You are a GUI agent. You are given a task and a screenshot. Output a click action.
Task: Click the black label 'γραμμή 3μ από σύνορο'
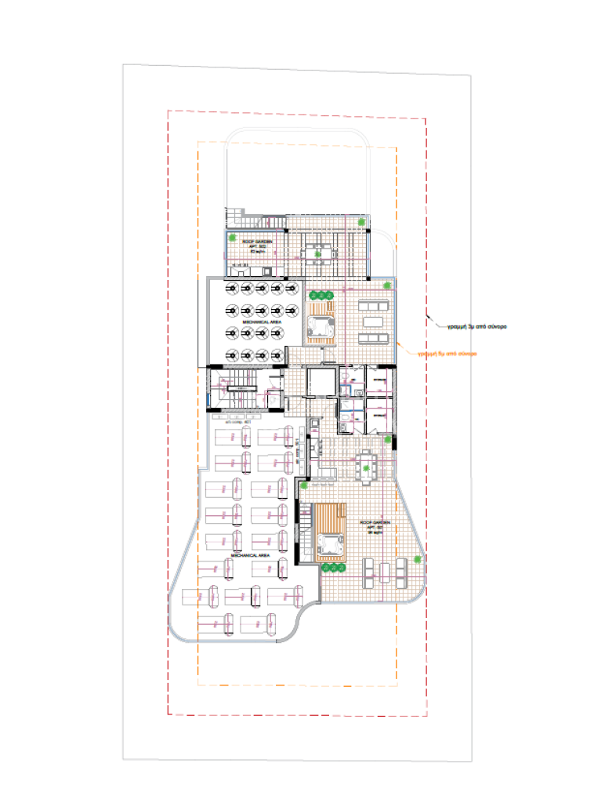tap(470, 325)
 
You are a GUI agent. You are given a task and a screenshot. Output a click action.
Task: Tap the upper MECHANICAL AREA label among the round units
tap(255, 322)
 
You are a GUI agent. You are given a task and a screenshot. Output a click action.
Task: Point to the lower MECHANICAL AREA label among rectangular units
tap(250, 554)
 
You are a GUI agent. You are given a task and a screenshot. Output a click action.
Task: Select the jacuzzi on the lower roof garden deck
tap(332, 543)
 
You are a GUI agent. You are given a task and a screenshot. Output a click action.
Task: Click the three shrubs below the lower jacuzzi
tap(334, 567)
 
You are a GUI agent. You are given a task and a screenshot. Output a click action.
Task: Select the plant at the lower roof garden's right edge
tap(418, 559)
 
